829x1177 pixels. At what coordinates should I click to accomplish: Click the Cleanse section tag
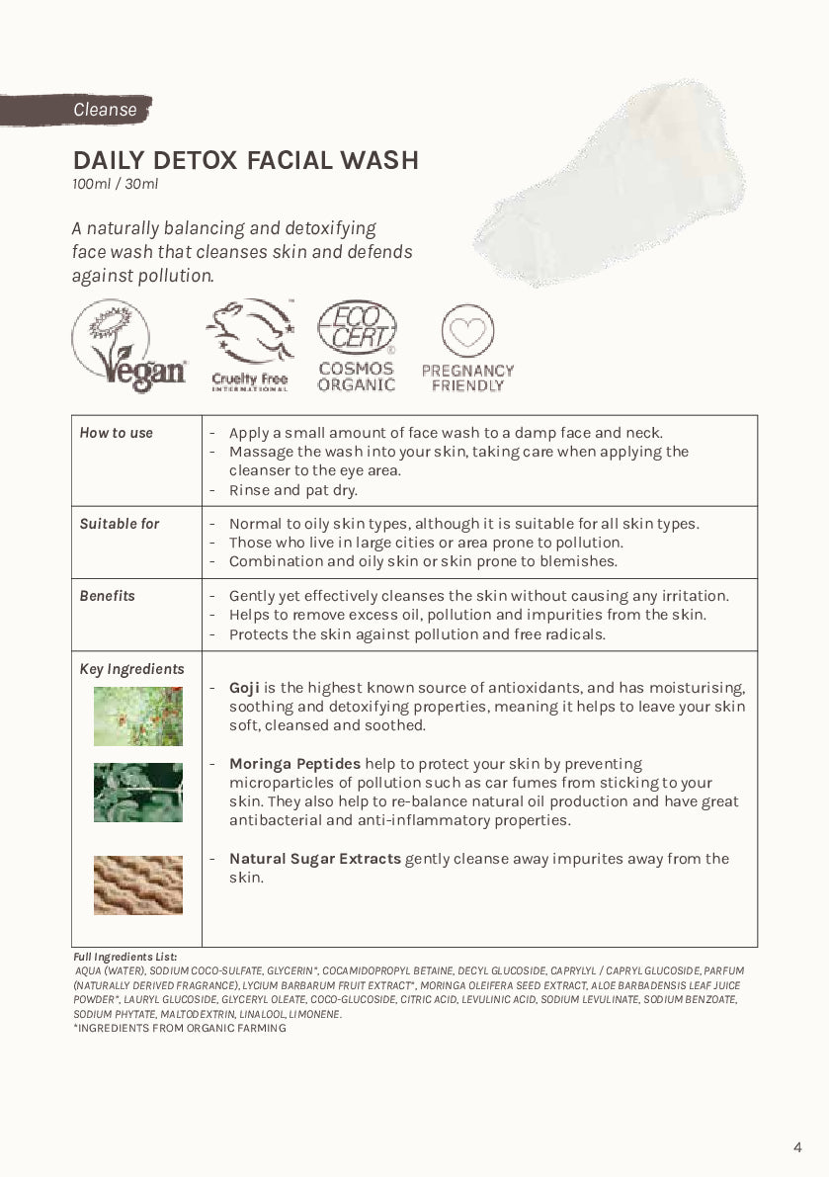[x=104, y=110]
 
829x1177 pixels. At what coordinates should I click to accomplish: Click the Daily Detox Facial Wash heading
[x=245, y=160]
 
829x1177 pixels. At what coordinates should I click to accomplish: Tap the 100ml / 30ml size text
[x=115, y=184]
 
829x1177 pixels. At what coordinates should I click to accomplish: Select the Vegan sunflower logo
[x=128, y=347]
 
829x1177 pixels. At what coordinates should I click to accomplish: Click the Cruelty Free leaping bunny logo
[x=250, y=346]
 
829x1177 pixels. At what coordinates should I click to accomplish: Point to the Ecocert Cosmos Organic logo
[x=357, y=346]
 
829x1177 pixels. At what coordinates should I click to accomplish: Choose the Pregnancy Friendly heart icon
[x=467, y=331]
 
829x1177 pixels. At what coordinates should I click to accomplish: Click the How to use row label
[x=117, y=433]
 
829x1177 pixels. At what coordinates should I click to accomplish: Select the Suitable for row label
[x=120, y=524]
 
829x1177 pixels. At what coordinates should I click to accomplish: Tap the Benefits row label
[x=107, y=596]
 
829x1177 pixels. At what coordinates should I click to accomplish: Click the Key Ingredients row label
[x=131, y=669]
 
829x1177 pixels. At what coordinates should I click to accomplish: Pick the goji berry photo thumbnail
[x=138, y=716]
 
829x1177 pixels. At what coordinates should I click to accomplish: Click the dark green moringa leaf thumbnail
[x=138, y=793]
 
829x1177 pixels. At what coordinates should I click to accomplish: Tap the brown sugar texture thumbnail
[x=138, y=884]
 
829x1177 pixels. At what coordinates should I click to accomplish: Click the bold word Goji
[x=244, y=687]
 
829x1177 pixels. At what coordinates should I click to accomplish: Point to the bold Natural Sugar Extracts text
[x=314, y=859]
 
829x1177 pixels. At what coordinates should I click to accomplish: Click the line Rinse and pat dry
[x=292, y=490]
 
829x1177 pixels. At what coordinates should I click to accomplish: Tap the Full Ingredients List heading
[x=125, y=957]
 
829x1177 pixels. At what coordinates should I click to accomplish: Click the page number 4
[x=797, y=1147]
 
